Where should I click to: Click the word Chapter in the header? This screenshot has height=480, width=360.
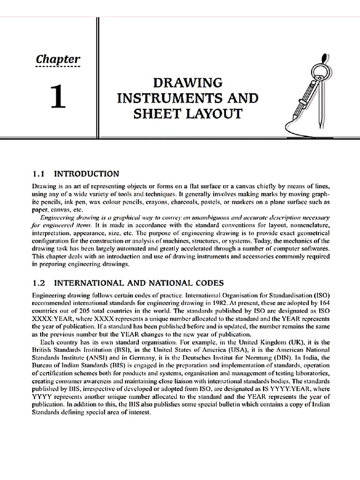59,60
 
